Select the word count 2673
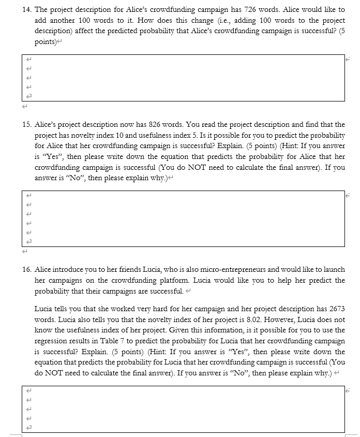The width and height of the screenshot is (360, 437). (336, 309)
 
